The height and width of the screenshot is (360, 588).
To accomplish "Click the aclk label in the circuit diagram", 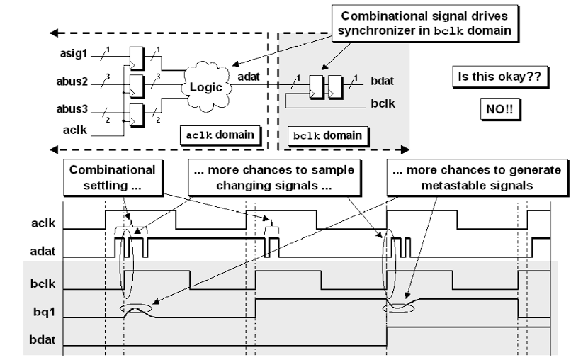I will coord(72,130).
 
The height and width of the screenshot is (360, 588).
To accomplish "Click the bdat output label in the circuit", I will coord(383,84).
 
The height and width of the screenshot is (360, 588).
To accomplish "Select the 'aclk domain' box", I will coord(220,134).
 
